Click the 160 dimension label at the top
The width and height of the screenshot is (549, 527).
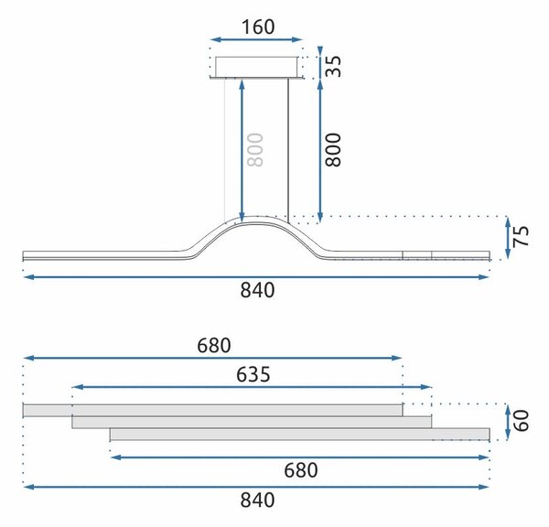pos(258,27)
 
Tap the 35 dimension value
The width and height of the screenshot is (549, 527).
pos(333,66)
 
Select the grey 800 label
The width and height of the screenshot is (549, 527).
pos(255,150)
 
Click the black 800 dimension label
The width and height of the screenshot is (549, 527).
pos(333,150)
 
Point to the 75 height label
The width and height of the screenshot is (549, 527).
pos(521,237)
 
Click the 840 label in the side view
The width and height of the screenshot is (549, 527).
pos(257,290)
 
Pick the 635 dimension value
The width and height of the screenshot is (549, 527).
pos(253,374)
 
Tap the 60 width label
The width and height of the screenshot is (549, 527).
pos(521,420)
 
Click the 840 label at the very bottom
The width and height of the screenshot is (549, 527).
pos(257,500)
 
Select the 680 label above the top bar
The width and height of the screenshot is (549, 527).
pos(214,346)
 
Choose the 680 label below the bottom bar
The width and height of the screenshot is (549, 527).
pos(301,470)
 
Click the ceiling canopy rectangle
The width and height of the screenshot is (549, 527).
pos(256,67)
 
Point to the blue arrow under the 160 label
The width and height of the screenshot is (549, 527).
pos(256,39)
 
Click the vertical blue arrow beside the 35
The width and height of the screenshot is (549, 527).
pos(320,61)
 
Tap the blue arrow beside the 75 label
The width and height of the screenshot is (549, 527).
pos(508,238)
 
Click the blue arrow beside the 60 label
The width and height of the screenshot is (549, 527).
pos(508,422)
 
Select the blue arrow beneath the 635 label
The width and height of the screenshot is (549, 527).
pos(252,387)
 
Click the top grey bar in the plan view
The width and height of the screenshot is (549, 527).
pos(212,411)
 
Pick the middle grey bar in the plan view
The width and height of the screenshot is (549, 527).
pos(252,422)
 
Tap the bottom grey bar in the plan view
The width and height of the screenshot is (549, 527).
pos(300,434)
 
